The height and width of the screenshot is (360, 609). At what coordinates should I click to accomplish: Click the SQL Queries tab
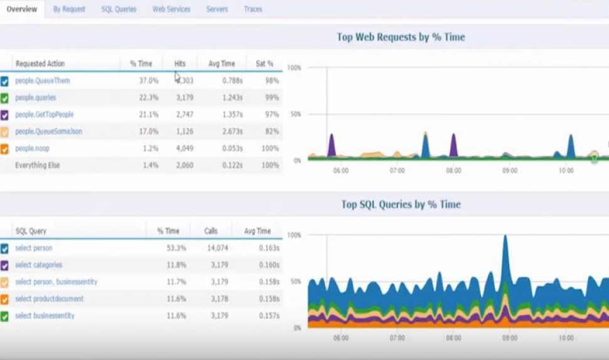[119, 9]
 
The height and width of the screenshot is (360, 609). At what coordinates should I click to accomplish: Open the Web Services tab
[171, 9]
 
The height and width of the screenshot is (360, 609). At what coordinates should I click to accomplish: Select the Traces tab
[253, 9]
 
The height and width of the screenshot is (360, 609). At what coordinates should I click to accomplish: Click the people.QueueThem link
[43, 81]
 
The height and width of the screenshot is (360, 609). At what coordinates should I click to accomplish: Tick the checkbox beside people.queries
[5, 98]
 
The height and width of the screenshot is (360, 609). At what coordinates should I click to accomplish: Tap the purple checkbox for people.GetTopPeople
[5, 115]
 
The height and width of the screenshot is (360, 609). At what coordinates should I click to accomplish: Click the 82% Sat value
[271, 131]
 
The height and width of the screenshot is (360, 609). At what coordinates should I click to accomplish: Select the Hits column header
[180, 63]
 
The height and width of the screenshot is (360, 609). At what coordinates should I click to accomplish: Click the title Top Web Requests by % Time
[401, 37]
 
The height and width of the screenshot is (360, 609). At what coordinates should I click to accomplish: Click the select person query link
[34, 248]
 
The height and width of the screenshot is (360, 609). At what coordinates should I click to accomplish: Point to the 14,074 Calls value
[217, 248]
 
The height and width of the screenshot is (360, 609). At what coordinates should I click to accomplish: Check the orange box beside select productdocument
[5, 299]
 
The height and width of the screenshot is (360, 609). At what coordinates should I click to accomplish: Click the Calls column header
[211, 231]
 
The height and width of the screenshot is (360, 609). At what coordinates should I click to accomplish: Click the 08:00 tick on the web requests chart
[453, 170]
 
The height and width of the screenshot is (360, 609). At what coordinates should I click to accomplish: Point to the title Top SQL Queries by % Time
[401, 204]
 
